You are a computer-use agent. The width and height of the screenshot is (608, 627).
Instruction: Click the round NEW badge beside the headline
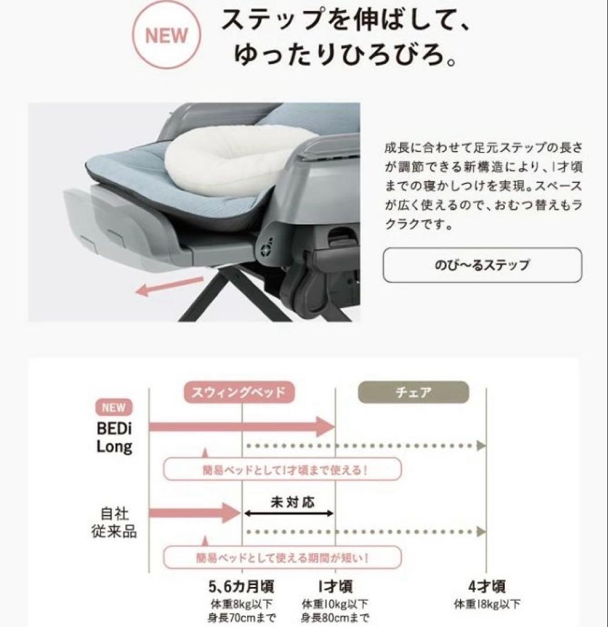[x=167, y=35]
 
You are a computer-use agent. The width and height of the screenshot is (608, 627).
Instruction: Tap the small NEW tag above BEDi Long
[x=114, y=408]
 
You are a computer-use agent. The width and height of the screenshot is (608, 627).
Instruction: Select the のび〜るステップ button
[x=483, y=265]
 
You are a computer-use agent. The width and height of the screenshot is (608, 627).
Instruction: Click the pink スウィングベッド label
[x=239, y=392]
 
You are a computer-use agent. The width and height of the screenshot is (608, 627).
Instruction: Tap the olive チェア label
[x=414, y=392]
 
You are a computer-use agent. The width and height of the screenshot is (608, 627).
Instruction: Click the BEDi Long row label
[x=114, y=438]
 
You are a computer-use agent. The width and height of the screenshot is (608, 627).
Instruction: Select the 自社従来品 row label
[x=114, y=522]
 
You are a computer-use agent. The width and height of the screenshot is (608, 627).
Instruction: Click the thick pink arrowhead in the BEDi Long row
[x=325, y=427]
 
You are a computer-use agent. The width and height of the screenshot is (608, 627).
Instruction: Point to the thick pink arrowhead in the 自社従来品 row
[x=231, y=513]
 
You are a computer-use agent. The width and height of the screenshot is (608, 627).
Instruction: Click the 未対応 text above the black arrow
[x=292, y=502]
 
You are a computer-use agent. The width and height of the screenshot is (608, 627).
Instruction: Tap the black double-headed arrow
[x=288, y=513]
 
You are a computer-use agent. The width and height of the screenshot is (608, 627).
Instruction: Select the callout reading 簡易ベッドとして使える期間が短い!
[x=282, y=557]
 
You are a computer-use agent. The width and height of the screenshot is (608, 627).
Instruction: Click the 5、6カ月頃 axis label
[x=241, y=586]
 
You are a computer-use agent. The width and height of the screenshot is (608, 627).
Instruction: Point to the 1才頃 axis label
[x=335, y=586]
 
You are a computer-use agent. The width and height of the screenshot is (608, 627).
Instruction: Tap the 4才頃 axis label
[x=487, y=586]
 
